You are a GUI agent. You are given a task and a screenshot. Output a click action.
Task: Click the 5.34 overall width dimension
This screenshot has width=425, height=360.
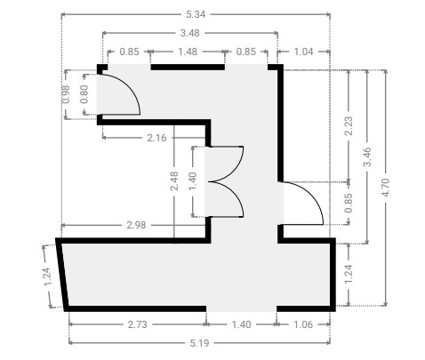[x=196, y=14]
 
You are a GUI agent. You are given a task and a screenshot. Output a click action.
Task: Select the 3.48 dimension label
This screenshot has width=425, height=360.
[x=190, y=33]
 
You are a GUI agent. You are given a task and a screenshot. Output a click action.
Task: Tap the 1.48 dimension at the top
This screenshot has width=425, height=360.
[x=188, y=52]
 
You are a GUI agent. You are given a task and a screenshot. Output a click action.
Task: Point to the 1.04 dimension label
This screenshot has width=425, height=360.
[x=303, y=52]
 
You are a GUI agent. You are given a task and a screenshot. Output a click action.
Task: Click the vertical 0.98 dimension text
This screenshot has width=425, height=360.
[x=67, y=94]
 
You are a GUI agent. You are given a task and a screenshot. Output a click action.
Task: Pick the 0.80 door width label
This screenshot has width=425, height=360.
[x=84, y=94]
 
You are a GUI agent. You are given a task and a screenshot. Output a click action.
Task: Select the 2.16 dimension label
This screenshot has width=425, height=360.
[x=156, y=138]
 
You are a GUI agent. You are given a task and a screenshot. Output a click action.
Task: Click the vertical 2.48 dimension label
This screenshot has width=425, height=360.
[x=174, y=180]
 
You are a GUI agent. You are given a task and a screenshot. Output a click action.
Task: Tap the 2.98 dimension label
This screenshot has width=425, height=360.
[x=136, y=225]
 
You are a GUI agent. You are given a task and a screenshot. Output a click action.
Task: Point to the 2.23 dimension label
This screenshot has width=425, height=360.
[x=349, y=126]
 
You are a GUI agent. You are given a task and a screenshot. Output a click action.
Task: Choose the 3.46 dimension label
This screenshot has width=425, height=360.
[x=367, y=156]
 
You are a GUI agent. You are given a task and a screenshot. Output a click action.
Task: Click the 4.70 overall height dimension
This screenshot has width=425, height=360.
[x=386, y=188]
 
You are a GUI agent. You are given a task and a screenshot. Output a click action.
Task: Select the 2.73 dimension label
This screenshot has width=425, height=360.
[x=138, y=324]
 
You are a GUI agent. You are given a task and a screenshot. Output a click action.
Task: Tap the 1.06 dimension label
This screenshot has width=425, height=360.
[x=303, y=324]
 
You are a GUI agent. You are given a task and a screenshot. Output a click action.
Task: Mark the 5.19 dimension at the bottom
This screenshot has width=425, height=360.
[x=199, y=343]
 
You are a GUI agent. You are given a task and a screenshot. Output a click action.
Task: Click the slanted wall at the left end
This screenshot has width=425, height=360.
[x=62, y=275]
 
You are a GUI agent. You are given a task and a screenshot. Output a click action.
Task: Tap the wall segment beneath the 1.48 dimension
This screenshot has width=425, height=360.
[x=188, y=68]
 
